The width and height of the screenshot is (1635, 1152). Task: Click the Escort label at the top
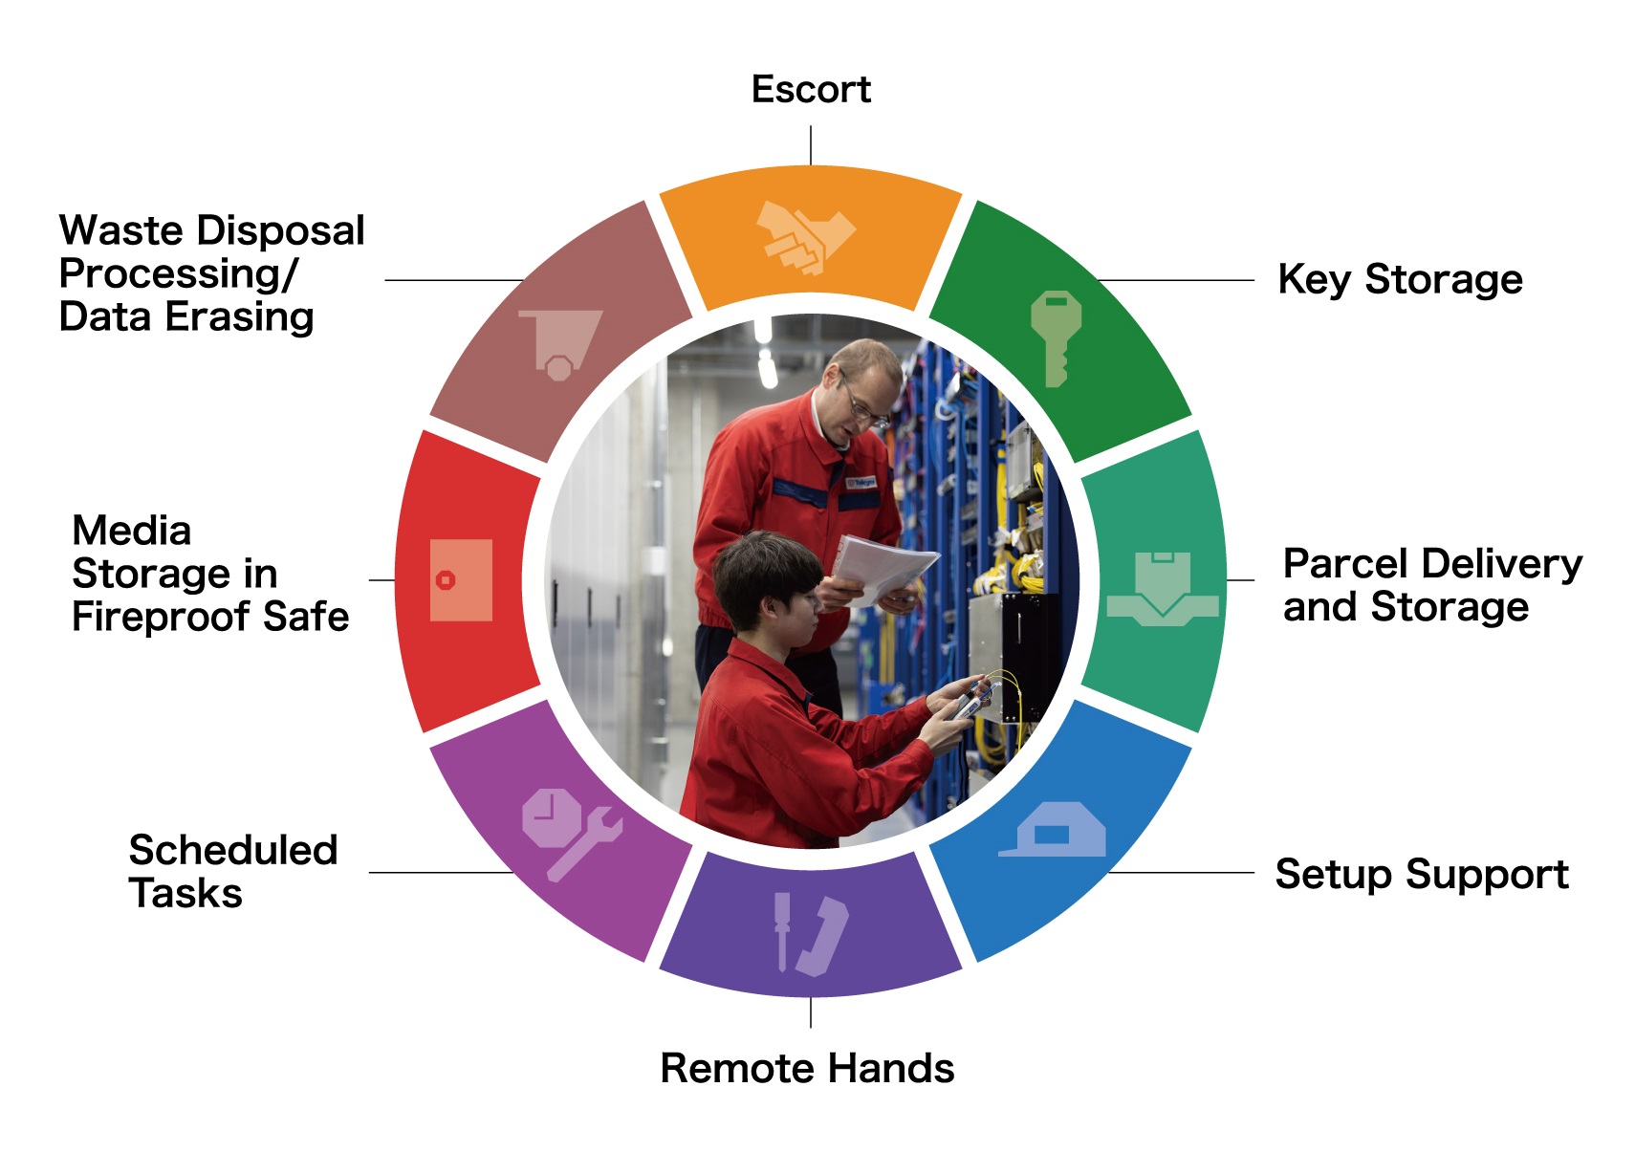(810, 90)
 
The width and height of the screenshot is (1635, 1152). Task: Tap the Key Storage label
(1399, 280)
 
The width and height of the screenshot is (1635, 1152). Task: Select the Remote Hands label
(807, 1068)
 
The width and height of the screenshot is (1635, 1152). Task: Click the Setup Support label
(1421, 875)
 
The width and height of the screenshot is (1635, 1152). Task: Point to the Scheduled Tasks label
(232, 871)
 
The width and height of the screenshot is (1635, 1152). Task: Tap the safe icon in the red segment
(461, 580)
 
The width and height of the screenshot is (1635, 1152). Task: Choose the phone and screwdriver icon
(810, 934)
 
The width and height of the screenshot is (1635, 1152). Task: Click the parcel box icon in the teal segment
(1162, 588)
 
